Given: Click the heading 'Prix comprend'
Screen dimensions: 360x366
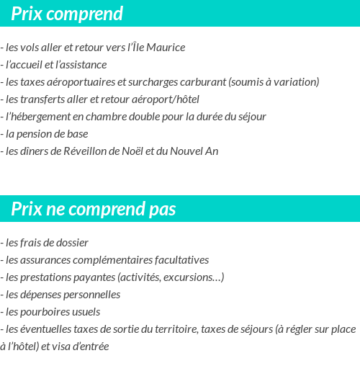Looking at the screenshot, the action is [x=67, y=14].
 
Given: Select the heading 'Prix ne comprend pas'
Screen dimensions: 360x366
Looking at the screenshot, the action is [x=93, y=209].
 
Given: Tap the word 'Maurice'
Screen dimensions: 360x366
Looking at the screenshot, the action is [x=166, y=48].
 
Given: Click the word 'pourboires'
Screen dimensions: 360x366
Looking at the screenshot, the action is [x=44, y=312].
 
